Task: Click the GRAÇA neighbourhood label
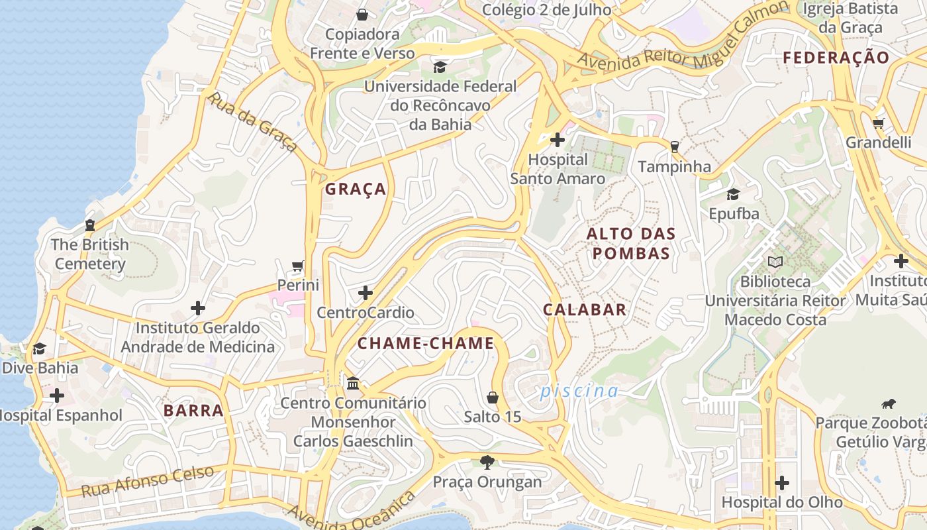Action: pyautogui.click(x=356, y=189)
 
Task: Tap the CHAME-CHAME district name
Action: pyautogui.click(x=426, y=343)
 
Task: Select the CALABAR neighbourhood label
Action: pyautogui.click(x=585, y=309)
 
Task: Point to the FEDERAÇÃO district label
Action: pyautogui.click(x=836, y=58)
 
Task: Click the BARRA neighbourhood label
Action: pyautogui.click(x=193, y=410)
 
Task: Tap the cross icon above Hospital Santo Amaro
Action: pyautogui.click(x=558, y=140)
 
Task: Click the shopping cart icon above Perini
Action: pyautogui.click(x=298, y=266)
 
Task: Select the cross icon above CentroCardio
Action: pyautogui.click(x=365, y=293)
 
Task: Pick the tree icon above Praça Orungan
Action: pyautogui.click(x=487, y=462)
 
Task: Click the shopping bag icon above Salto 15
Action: pyautogui.click(x=492, y=397)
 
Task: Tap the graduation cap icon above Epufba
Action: pyautogui.click(x=733, y=194)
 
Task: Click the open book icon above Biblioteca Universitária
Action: pyautogui.click(x=775, y=262)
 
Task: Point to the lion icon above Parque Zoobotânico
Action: pyautogui.click(x=888, y=403)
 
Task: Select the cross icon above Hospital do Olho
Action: pyautogui.click(x=782, y=482)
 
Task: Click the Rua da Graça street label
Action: pyautogui.click(x=252, y=122)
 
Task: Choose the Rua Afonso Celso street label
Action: pyautogui.click(x=148, y=481)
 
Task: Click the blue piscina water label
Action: pyautogui.click(x=579, y=391)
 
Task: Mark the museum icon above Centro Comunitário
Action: pyautogui.click(x=353, y=384)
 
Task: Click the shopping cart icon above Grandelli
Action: pyautogui.click(x=879, y=123)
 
